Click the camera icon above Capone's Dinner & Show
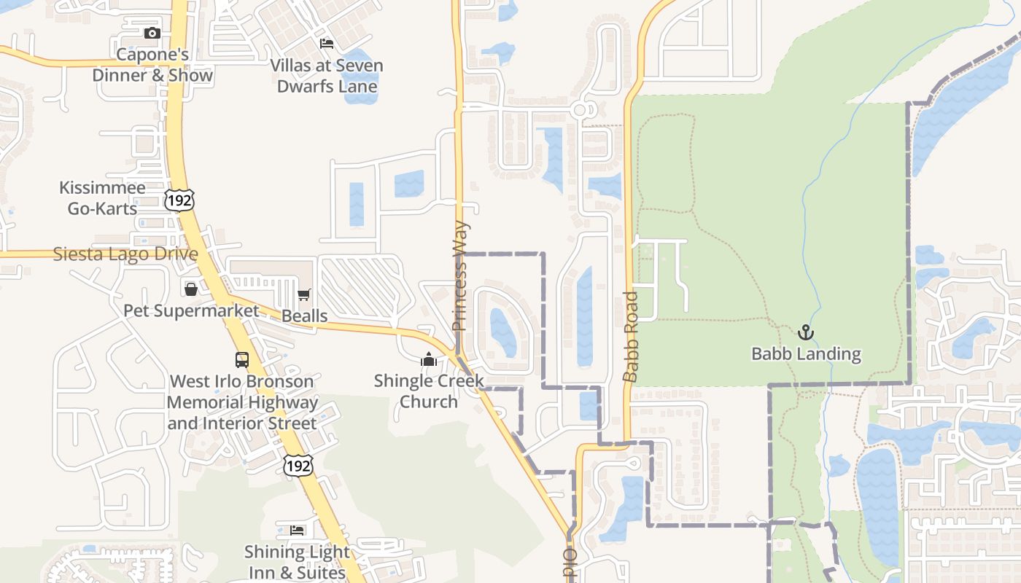pyautogui.click(x=152, y=33)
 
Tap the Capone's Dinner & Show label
pyautogui.click(x=152, y=65)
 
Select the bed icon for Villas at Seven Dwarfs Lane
pyautogui.click(x=327, y=44)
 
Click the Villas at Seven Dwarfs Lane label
pyautogui.click(x=327, y=76)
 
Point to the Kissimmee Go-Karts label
pyautogui.click(x=102, y=198)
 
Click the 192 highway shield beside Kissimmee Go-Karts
pyautogui.click(x=179, y=200)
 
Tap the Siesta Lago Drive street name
pyautogui.click(x=125, y=254)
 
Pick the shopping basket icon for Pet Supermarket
pyautogui.click(x=191, y=289)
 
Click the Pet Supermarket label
pyautogui.click(x=191, y=311)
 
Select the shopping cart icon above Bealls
pyautogui.click(x=304, y=295)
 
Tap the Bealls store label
pyautogui.click(x=304, y=316)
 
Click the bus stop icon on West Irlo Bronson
pyautogui.click(x=242, y=359)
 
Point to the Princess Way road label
pyautogui.click(x=459, y=276)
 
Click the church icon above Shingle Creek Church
pyautogui.click(x=428, y=359)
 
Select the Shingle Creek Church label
pyautogui.click(x=429, y=391)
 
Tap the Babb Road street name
pyautogui.click(x=632, y=336)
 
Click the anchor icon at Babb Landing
pyautogui.click(x=806, y=333)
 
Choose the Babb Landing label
pyautogui.click(x=806, y=355)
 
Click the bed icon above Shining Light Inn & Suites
pyautogui.click(x=297, y=530)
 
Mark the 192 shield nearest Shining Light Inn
pyautogui.click(x=298, y=464)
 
